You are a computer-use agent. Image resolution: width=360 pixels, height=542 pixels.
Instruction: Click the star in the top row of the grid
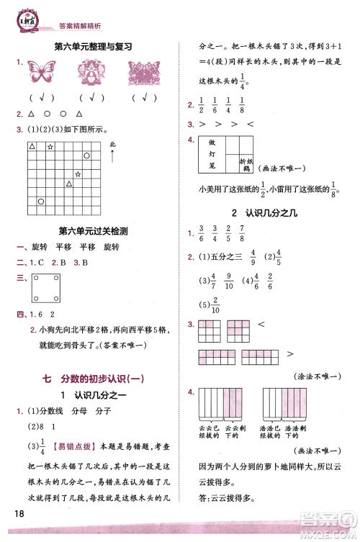point(50,147)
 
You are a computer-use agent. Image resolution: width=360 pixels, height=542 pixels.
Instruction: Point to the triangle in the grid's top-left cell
point(32,146)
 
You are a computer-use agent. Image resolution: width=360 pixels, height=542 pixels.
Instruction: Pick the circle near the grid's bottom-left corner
point(40,202)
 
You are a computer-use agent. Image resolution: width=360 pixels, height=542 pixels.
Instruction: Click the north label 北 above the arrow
point(112,145)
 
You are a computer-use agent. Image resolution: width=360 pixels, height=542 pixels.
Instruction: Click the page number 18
point(19,512)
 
